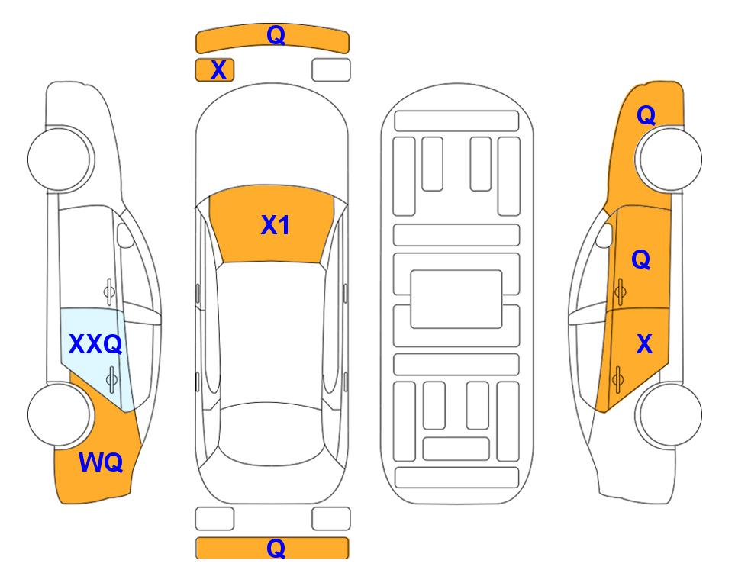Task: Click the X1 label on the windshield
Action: point(276,225)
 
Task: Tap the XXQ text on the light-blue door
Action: point(95,344)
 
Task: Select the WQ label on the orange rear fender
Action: point(101,462)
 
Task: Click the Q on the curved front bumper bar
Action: point(276,34)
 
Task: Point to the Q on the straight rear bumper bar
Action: point(276,548)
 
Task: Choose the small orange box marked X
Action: point(214,70)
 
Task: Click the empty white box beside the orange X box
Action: point(331,70)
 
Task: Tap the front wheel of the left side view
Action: point(60,159)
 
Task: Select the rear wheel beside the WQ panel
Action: point(60,414)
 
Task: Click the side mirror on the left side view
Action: point(124,235)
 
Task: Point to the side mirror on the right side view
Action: point(604,236)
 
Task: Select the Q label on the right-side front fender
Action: point(646,115)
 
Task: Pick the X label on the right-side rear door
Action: point(644,344)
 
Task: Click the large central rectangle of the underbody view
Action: point(456,299)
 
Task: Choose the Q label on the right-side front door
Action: point(641,259)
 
